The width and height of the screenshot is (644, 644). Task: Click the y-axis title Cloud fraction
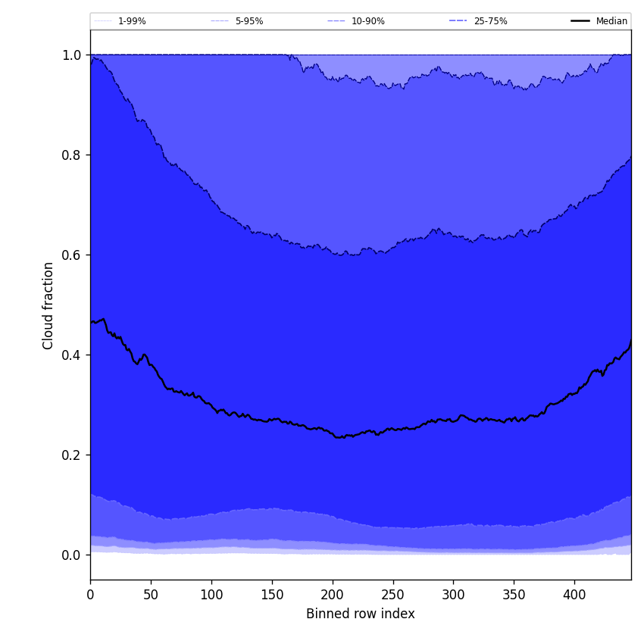click(x=48, y=305)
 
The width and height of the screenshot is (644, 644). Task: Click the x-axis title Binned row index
click(x=360, y=614)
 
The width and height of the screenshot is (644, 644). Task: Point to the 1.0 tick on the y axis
click(x=71, y=55)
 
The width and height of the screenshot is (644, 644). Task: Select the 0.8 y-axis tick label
click(x=71, y=155)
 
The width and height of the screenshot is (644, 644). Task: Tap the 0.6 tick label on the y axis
click(x=71, y=255)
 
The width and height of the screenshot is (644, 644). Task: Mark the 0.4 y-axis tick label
click(x=71, y=355)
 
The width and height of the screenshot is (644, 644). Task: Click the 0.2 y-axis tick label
click(x=71, y=455)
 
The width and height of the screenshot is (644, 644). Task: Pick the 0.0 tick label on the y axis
click(x=71, y=555)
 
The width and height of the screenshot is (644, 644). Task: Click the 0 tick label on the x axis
click(x=90, y=595)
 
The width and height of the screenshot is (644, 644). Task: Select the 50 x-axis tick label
click(x=151, y=595)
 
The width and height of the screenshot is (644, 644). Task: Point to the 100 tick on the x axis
click(x=211, y=595)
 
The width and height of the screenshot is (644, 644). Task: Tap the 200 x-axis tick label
click(x=333, y=595)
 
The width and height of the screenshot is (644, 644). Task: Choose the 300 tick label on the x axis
click(x=453, y=595)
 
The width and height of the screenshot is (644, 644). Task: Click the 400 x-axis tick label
click(x=574, y=595)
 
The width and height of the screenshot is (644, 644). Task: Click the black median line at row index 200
click(x=333, y=434)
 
